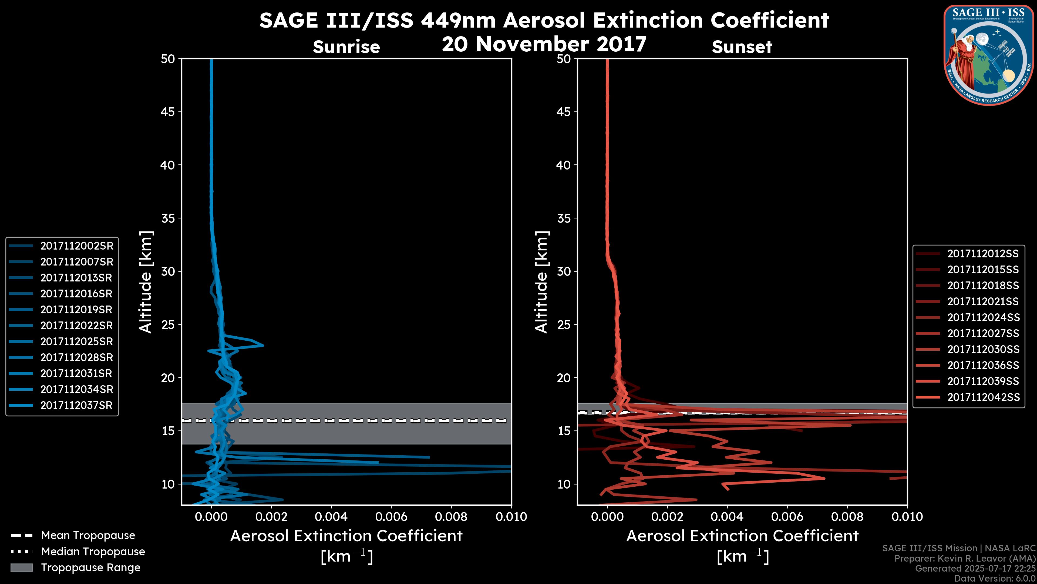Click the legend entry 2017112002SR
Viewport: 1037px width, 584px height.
coord(76,246)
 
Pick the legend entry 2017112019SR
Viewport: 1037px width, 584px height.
coord(76,310)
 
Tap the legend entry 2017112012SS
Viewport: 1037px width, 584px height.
coord(983,254)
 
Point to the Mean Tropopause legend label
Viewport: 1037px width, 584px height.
coord(88,535)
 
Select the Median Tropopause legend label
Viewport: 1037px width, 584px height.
coord(93,551)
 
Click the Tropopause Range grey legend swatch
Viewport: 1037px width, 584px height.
coord(21,568)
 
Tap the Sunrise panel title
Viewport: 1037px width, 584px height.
coord(346,47)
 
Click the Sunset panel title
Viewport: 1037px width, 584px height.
coord(742,47)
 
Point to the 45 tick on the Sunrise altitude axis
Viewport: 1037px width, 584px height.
coord(168,112)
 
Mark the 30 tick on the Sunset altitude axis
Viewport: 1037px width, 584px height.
coord(564,271)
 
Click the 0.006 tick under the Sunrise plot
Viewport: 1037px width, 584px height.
coord(391,517)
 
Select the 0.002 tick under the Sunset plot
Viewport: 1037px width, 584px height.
coord(668,517)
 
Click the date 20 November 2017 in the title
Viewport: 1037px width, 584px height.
coord(544,44)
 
